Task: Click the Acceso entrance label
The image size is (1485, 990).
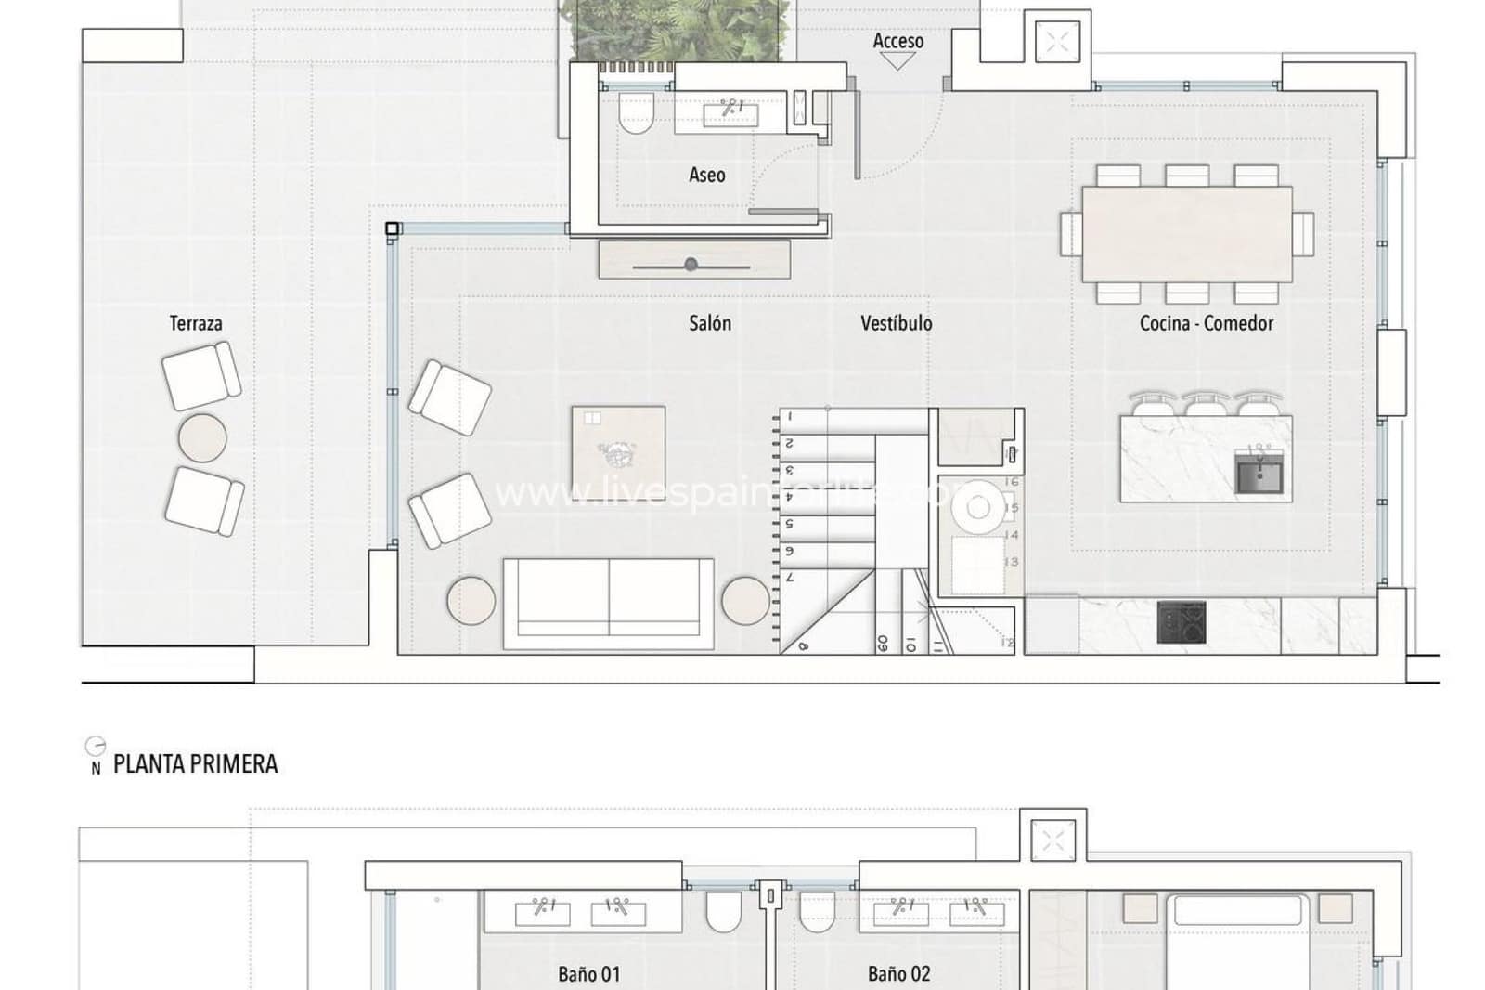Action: click(897, 41)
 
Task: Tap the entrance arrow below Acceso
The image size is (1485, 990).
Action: click(897, 61)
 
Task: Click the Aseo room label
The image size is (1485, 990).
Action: click(706, 175)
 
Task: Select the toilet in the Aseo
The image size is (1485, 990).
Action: click(637, 114)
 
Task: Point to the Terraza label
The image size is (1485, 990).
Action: click(195, 323)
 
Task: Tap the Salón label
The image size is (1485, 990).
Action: click(709, 323)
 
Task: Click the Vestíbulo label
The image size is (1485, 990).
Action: click(896, 323)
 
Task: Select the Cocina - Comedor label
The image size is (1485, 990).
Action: click(1206, 323)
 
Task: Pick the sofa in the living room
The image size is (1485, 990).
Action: click(609, 603)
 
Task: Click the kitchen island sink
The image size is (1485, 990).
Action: click(1259, 475)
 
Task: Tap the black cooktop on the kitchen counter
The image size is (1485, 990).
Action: click(1182, 622)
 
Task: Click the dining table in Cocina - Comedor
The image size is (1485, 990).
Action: click(1187, 234)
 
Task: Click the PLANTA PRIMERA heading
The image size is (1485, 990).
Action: click(195, 764)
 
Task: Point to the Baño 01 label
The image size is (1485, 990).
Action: click(588, 974)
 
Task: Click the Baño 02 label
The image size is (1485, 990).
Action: click(898, 974)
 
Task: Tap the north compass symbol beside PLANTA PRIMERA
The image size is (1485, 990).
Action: click(95, 748)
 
